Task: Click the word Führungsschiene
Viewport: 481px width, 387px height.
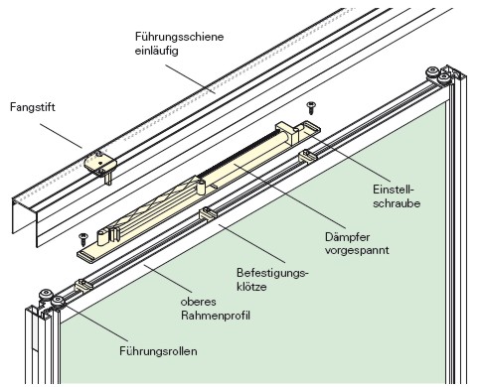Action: tap(179, 36)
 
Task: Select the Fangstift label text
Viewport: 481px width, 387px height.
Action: tap(33, 104)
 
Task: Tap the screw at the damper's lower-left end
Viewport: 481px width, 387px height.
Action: tap(82, 237)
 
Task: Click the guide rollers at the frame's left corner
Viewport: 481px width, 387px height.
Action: tap(46, 297)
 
